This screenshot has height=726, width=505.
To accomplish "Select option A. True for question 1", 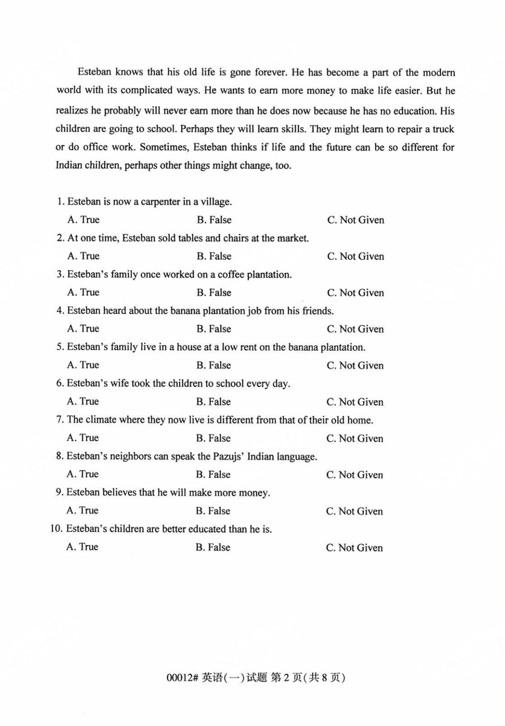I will (83, 220).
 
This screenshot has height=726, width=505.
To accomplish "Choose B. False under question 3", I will (214, 293).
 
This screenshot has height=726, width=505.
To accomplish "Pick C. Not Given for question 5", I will (355, 366).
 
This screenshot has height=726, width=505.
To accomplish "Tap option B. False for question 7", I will (213, 438).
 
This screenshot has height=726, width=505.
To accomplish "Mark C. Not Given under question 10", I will (354, 547).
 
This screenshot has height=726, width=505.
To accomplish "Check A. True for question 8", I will (82, 474).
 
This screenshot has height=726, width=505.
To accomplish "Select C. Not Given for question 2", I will (355, 256).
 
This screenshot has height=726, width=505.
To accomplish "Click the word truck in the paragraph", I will (443, 129).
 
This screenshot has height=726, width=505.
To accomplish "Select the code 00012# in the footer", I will (183, 677).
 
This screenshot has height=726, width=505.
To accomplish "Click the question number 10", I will (56, 529).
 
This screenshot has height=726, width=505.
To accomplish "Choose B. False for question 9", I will (213, 511).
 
